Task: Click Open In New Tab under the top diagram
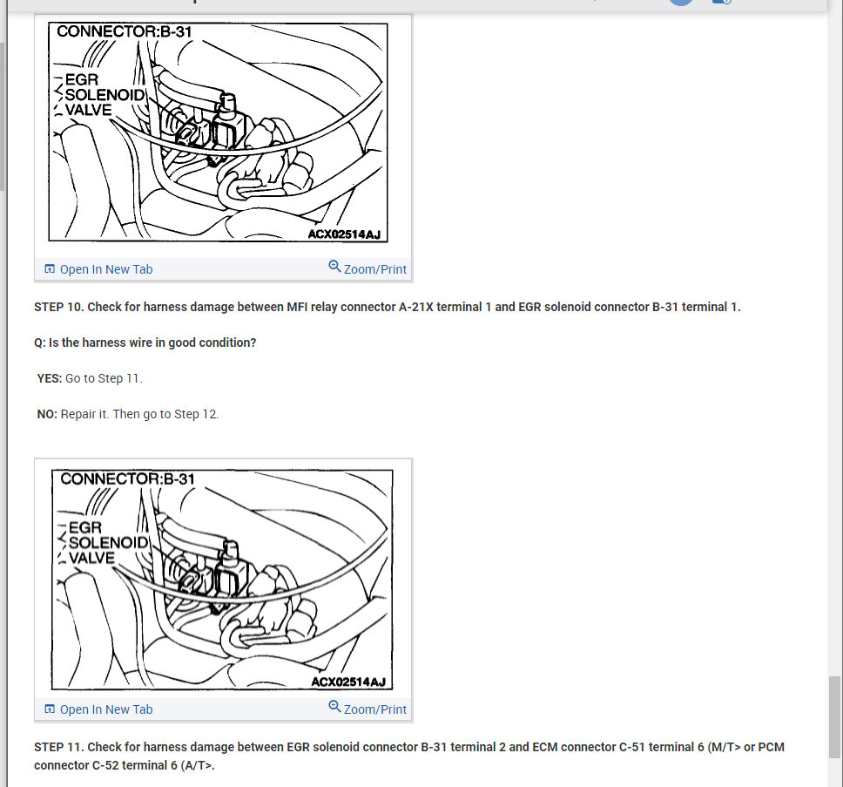[106, 269]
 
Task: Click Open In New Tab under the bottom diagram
[106, 709]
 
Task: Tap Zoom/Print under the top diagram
[374, 269]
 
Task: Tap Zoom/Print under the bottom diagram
[374, 709]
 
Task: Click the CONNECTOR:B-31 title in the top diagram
[125, 31]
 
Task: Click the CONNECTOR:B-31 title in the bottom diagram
[127, 478]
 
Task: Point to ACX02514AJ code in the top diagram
[344, 234]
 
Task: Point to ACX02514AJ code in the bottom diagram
[348, 682]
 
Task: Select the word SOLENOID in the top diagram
[105, 95]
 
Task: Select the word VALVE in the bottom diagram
[91, 558]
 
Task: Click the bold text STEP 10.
[59, 307]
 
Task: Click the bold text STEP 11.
[59, 747]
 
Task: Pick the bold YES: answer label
[50, 378]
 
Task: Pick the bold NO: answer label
[47, 414]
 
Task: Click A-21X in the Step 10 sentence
[415, 307]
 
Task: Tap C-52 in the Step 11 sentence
[105, 765]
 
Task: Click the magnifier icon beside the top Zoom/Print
[334, 267]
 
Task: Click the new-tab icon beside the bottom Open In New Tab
[50, 709]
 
